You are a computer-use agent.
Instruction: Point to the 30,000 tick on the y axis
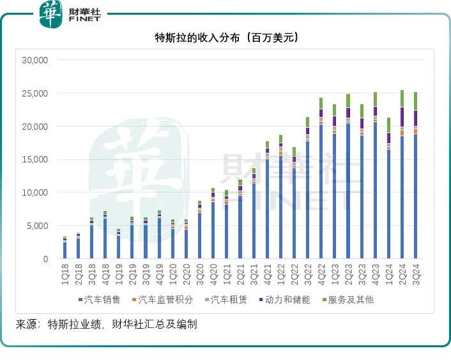(34, 60)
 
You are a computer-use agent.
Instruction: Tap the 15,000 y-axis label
(34, 160)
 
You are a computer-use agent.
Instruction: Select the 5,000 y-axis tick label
(37, 226)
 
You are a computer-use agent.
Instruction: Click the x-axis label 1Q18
(65, 272)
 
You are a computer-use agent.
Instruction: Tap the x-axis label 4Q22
(321, 272)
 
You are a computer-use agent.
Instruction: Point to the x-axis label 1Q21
(226, 272)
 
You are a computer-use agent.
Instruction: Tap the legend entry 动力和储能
(286, 299)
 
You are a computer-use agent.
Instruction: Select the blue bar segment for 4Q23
(375, 192)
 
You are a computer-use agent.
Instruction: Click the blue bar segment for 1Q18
(65, 251)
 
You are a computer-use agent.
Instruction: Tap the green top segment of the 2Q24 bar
(402, 98)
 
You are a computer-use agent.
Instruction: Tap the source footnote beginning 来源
(105, 325)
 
